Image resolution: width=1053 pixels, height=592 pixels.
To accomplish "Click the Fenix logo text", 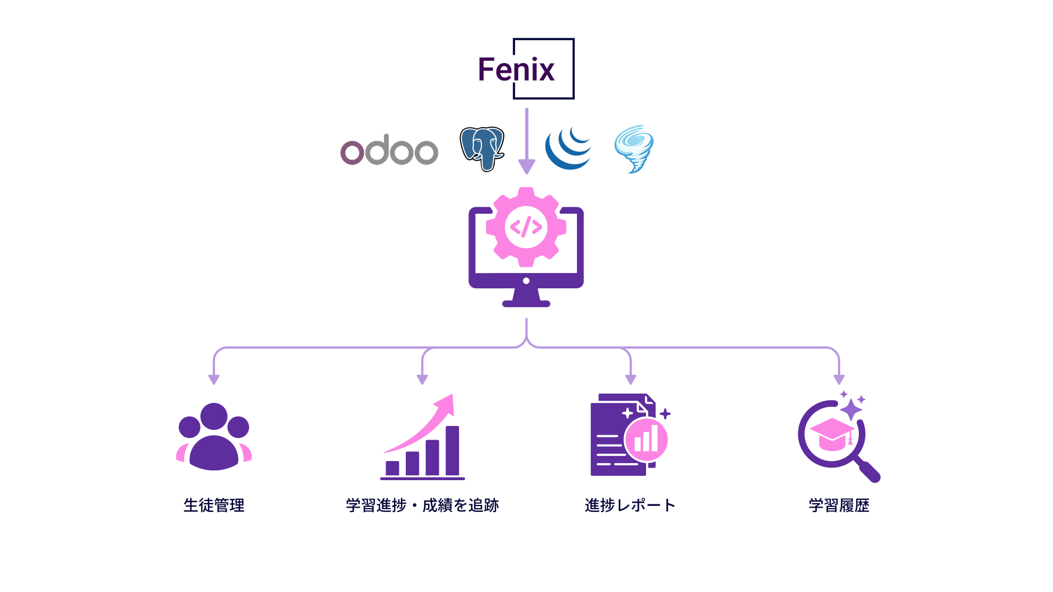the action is [516, 70].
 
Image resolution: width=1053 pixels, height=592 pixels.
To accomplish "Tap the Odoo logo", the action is [389, 150].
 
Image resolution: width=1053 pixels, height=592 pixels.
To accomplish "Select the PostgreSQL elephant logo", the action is [482, 149].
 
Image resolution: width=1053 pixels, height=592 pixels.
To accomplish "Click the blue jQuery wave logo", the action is [568, 147].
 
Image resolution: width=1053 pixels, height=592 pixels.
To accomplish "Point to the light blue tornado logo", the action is [634, 149].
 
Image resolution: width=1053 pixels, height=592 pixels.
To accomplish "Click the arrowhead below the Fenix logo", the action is [526, 167].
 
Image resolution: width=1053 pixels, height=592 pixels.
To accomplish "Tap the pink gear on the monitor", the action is [526, 227].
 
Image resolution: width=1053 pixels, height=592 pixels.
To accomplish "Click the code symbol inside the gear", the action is [526, 226].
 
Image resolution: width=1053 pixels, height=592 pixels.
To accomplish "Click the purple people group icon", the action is [214, 437].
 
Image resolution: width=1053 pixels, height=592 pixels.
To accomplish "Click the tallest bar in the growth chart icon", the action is [452, 451].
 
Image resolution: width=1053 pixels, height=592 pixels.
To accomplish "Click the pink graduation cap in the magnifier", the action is [833, 434].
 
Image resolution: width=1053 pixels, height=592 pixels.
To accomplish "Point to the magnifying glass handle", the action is [868, 470].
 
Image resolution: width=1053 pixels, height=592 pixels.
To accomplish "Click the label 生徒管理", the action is [214, 505].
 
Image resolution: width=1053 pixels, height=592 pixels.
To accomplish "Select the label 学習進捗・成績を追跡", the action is [422, 505].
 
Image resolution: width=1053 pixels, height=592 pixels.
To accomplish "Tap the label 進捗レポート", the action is [630, 505].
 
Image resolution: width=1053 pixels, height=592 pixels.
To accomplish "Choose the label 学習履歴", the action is [839, 505].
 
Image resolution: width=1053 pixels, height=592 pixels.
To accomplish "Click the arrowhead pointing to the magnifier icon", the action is [839, 379].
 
